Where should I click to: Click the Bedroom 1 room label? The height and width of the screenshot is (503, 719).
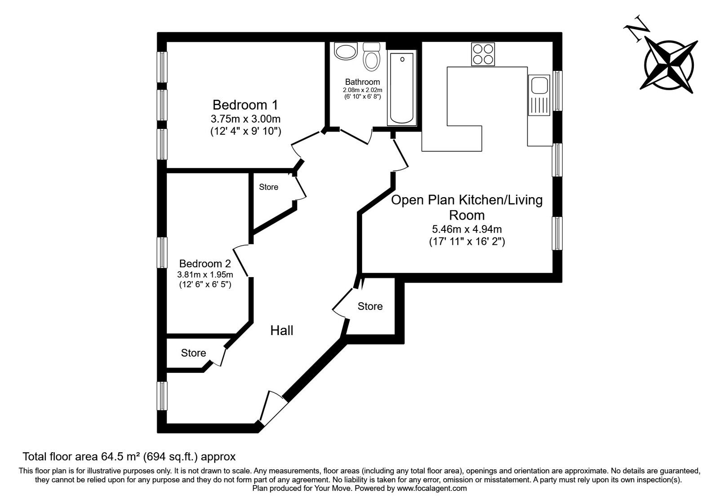[x=245, y=105]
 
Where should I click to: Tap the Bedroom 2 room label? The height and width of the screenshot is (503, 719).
[x=205, y=264]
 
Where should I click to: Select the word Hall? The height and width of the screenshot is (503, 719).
[x=282, y=331]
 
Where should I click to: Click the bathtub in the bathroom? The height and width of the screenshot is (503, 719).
[x=402, y=88]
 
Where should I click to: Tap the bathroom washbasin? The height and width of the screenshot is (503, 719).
[x=345, y=51]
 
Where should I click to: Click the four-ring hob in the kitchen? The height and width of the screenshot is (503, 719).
[x=483, y=54]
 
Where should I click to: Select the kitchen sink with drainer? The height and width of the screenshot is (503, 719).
[x=539, y=95]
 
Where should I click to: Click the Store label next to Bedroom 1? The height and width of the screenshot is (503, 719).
[x=268, y=187]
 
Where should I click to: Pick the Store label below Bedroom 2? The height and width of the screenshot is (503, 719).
[x=194, y=353]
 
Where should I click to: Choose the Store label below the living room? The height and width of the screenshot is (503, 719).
[x=370, y=306]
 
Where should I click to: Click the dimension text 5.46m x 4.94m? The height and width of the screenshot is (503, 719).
[x=467, y=229]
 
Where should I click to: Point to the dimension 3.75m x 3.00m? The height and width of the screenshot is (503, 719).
[x=245, y=119]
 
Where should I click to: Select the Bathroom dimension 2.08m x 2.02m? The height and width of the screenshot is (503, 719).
[x=362, y=90]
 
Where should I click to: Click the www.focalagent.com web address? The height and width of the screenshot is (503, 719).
[x=432, y=488]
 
